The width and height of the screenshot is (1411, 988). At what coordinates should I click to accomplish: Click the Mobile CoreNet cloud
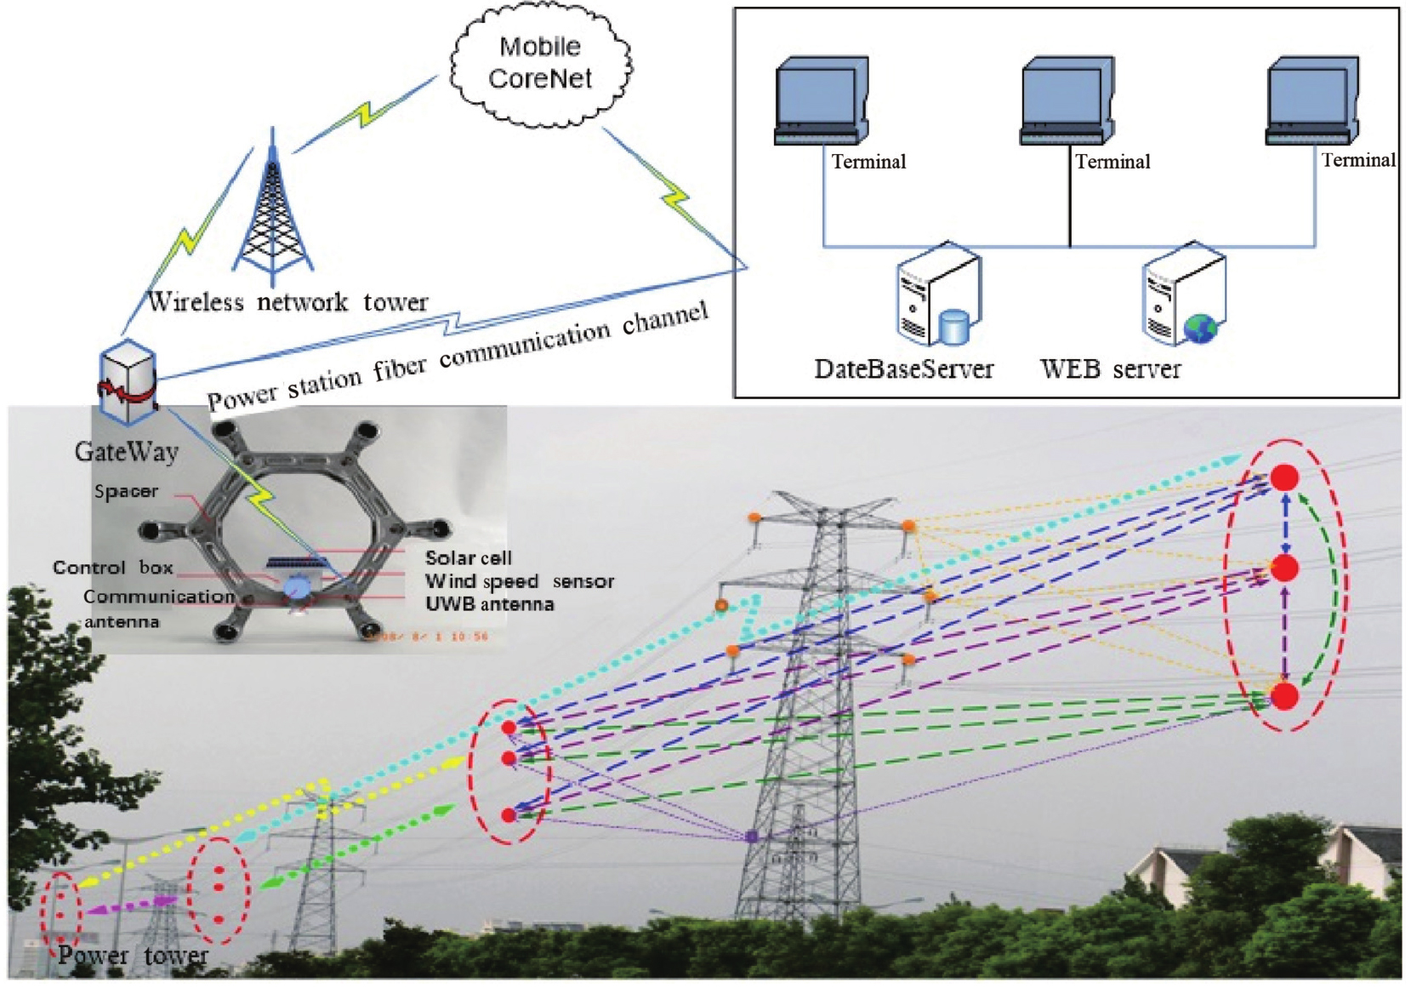(540, 63)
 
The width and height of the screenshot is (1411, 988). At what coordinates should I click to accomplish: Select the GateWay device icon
(128, 384)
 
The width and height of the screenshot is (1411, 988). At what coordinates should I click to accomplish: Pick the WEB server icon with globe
(1183, 294)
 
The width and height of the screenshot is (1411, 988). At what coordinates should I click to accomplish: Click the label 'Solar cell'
(469, 558)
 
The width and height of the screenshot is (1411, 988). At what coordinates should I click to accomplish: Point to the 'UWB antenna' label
(489, 604)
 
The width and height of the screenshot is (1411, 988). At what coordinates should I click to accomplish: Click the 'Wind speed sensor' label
(519, 581)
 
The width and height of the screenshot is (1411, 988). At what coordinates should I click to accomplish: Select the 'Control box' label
(112, 568)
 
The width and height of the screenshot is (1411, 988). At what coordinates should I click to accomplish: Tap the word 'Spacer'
(126, 491)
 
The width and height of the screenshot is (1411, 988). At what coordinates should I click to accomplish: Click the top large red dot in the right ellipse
(1284, 477)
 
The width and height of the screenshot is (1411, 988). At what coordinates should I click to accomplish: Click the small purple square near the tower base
(752, 837)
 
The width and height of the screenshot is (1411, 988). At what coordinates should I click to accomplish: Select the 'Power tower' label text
(133, 955)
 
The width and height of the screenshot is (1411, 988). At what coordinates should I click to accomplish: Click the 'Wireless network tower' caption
(287, 302)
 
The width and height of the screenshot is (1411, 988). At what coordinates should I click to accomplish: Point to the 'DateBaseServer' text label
(903, 368)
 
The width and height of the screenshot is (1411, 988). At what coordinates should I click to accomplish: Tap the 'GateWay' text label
(127, 451)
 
